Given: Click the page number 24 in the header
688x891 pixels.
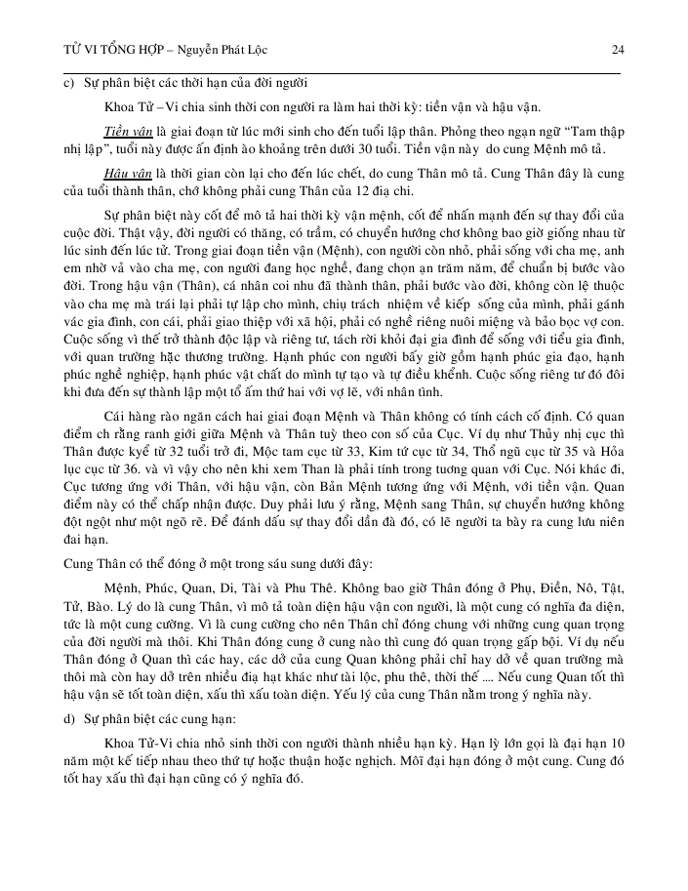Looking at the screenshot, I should click(x=617, y=49).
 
